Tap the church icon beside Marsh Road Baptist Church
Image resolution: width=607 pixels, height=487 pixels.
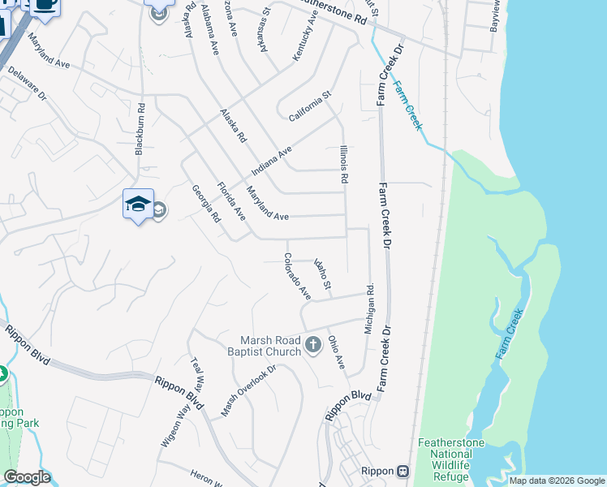313,347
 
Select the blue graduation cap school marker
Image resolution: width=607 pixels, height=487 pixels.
138,205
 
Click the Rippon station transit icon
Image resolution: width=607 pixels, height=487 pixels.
402,472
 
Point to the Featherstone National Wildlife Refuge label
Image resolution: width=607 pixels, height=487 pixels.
444,459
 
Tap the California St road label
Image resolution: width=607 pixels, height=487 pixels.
311,107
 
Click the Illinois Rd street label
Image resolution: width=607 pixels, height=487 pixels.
343,162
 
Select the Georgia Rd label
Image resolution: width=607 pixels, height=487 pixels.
206,205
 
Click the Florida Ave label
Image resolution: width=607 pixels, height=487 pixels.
231,202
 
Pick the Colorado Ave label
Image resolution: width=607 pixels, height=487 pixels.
297,275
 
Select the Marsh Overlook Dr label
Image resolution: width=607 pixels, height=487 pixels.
249,386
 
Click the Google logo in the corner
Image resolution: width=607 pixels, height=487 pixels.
27,477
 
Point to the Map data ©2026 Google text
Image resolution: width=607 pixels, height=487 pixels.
557,481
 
